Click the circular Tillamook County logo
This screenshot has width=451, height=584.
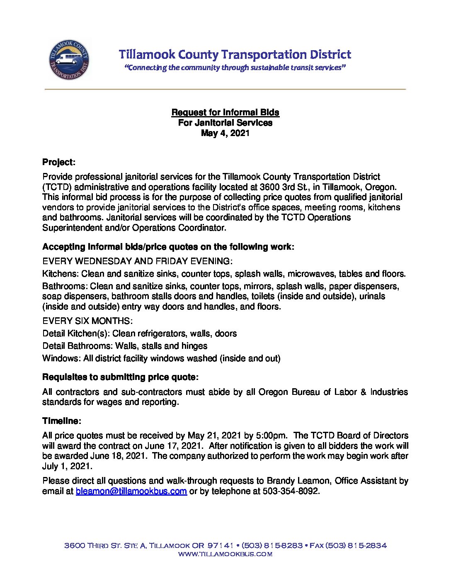[69, 59]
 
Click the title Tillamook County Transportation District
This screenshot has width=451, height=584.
[235, 54]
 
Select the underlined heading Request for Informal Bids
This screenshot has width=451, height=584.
[225, 112]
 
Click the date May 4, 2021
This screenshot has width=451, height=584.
[225, 133]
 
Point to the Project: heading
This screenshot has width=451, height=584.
[58, 162]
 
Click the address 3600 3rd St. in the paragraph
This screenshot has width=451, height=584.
[282, 187]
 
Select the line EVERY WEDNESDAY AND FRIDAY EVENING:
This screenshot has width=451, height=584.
[137, 261]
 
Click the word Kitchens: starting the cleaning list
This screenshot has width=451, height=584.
[61, 274]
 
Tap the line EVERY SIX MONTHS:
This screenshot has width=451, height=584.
[87, 321]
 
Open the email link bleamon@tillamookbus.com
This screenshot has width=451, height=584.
[131, 492]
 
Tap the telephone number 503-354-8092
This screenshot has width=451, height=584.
[291, 492]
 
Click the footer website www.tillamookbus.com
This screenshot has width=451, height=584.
[225, 554]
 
